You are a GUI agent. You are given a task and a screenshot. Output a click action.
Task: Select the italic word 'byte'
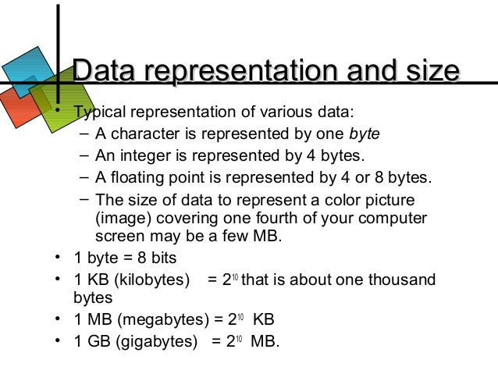(365, 133)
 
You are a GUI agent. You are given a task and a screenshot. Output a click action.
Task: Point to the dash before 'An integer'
(84, 155)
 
